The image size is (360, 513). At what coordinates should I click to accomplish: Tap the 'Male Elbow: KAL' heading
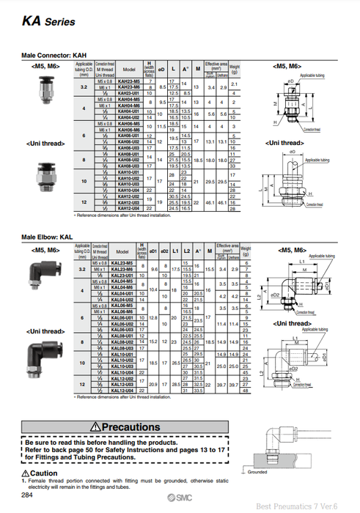[x=47, y=237]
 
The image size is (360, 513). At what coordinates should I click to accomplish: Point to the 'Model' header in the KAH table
[x=129, y=70]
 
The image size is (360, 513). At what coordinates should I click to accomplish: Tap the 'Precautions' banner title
[x=128, y=427]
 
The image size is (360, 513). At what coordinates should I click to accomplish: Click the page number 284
[x=27, y=496]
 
